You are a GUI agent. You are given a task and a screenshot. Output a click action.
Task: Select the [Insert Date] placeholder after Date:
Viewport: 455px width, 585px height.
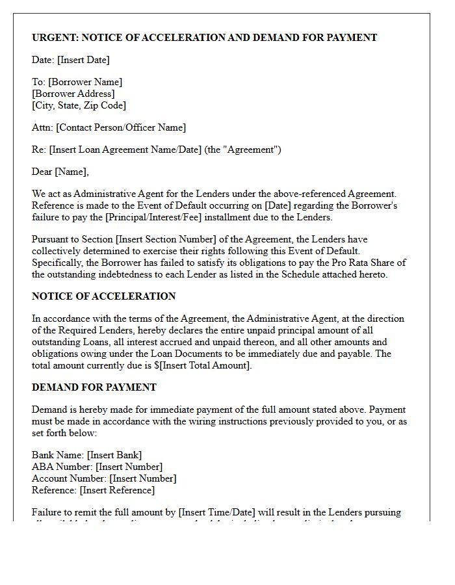tap(83, 60)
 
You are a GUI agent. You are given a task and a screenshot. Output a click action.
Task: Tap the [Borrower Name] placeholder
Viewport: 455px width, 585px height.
tap(85, 82)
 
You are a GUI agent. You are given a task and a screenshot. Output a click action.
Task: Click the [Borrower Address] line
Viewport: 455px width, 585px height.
tap(73, 94)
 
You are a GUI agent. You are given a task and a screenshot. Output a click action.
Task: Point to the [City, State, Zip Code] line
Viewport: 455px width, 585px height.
tap(79, 105)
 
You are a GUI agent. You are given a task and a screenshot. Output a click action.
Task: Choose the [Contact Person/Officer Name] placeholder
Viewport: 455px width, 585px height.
tap(121, 127)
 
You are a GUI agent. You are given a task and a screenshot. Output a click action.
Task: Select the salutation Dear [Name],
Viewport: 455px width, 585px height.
tap(60, 172)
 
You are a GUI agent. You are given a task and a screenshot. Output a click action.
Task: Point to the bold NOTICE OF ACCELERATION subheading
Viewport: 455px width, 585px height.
tap(104, 296)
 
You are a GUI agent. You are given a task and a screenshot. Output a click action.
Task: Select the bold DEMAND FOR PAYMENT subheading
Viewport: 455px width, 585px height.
tap(94, 387)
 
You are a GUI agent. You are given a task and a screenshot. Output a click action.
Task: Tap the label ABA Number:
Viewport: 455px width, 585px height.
tap(62, 467)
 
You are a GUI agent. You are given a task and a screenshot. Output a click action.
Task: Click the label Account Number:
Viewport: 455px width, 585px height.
tap(69, 478)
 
